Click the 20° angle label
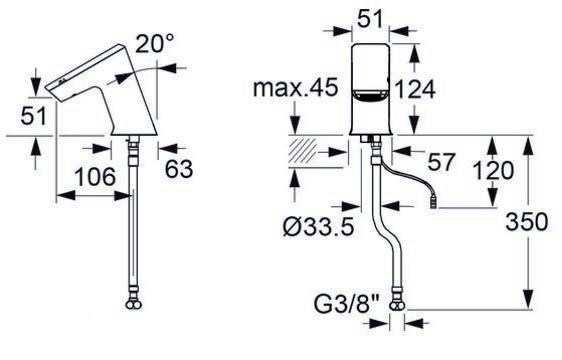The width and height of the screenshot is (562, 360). (155, 44)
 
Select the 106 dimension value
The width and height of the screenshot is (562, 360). (95, 176)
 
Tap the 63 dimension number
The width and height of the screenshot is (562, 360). (179, 169)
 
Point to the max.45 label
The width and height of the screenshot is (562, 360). (295, 87)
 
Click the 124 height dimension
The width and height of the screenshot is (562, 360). (415, 89)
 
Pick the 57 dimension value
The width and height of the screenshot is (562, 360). (442, 162)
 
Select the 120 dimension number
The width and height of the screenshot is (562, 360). (494, 170)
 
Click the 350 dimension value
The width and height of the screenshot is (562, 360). (526, 221)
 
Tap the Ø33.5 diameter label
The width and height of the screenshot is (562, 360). (318, 227)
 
